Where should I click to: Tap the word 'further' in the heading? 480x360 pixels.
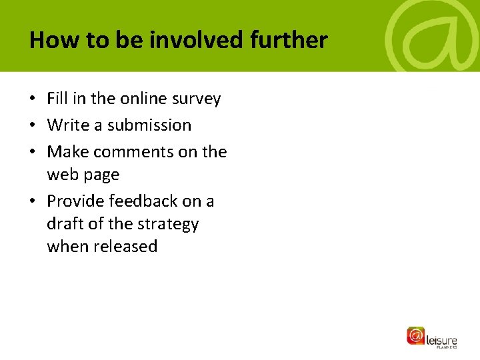[289, 41]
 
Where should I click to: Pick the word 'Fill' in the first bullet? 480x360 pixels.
[57, 99]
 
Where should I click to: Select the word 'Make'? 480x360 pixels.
[68, 152]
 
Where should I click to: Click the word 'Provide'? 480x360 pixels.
[77, 201]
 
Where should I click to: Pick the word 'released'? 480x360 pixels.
[125, 246]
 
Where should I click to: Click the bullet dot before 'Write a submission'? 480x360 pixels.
[33, 126]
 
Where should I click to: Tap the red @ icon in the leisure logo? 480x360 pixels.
[416, 335]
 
